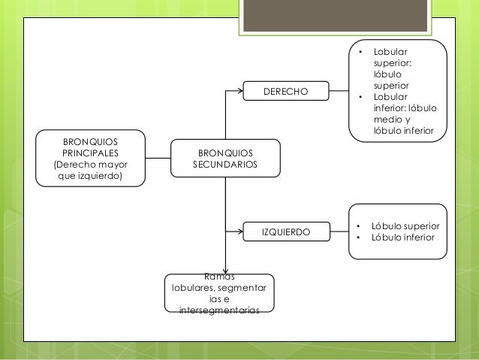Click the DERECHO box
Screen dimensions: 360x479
click(285, 92)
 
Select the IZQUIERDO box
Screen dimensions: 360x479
click(285, 233)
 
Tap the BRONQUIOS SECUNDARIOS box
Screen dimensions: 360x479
click(225, 158)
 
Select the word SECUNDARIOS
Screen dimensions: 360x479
click(225, 164)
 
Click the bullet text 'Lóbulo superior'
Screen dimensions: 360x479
click(406, 226)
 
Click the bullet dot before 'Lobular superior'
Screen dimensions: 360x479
click(360, 53)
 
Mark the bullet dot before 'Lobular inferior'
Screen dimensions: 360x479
click(360, 97)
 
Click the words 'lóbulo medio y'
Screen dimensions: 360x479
click(397, 119)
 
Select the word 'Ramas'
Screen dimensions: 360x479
click(218, 277)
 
